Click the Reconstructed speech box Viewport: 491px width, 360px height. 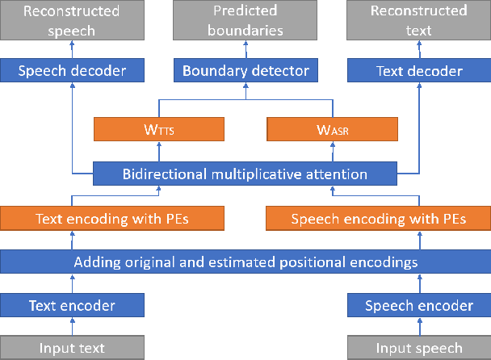(72, 20)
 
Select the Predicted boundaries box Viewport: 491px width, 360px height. (245, 20)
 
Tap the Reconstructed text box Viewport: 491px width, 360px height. (418, 20)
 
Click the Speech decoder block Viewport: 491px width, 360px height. (72, 71)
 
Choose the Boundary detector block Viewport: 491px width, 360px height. (245, 71)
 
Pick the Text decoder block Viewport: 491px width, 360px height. (418, 71)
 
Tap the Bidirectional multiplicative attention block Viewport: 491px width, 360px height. (245, 174)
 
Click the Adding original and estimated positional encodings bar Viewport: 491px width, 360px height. (245, 262)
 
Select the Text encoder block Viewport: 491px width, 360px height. (72, 305)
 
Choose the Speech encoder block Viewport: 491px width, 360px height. (418, 305)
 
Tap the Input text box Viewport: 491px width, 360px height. (72, 349)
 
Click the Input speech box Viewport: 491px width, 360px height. (418, 349)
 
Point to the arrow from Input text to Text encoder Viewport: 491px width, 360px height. (72, 327)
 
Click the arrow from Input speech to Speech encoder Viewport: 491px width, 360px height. (418, 327)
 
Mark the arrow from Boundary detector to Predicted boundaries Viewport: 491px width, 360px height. (245, 49)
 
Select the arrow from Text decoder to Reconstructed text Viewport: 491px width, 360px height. (418, 49)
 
